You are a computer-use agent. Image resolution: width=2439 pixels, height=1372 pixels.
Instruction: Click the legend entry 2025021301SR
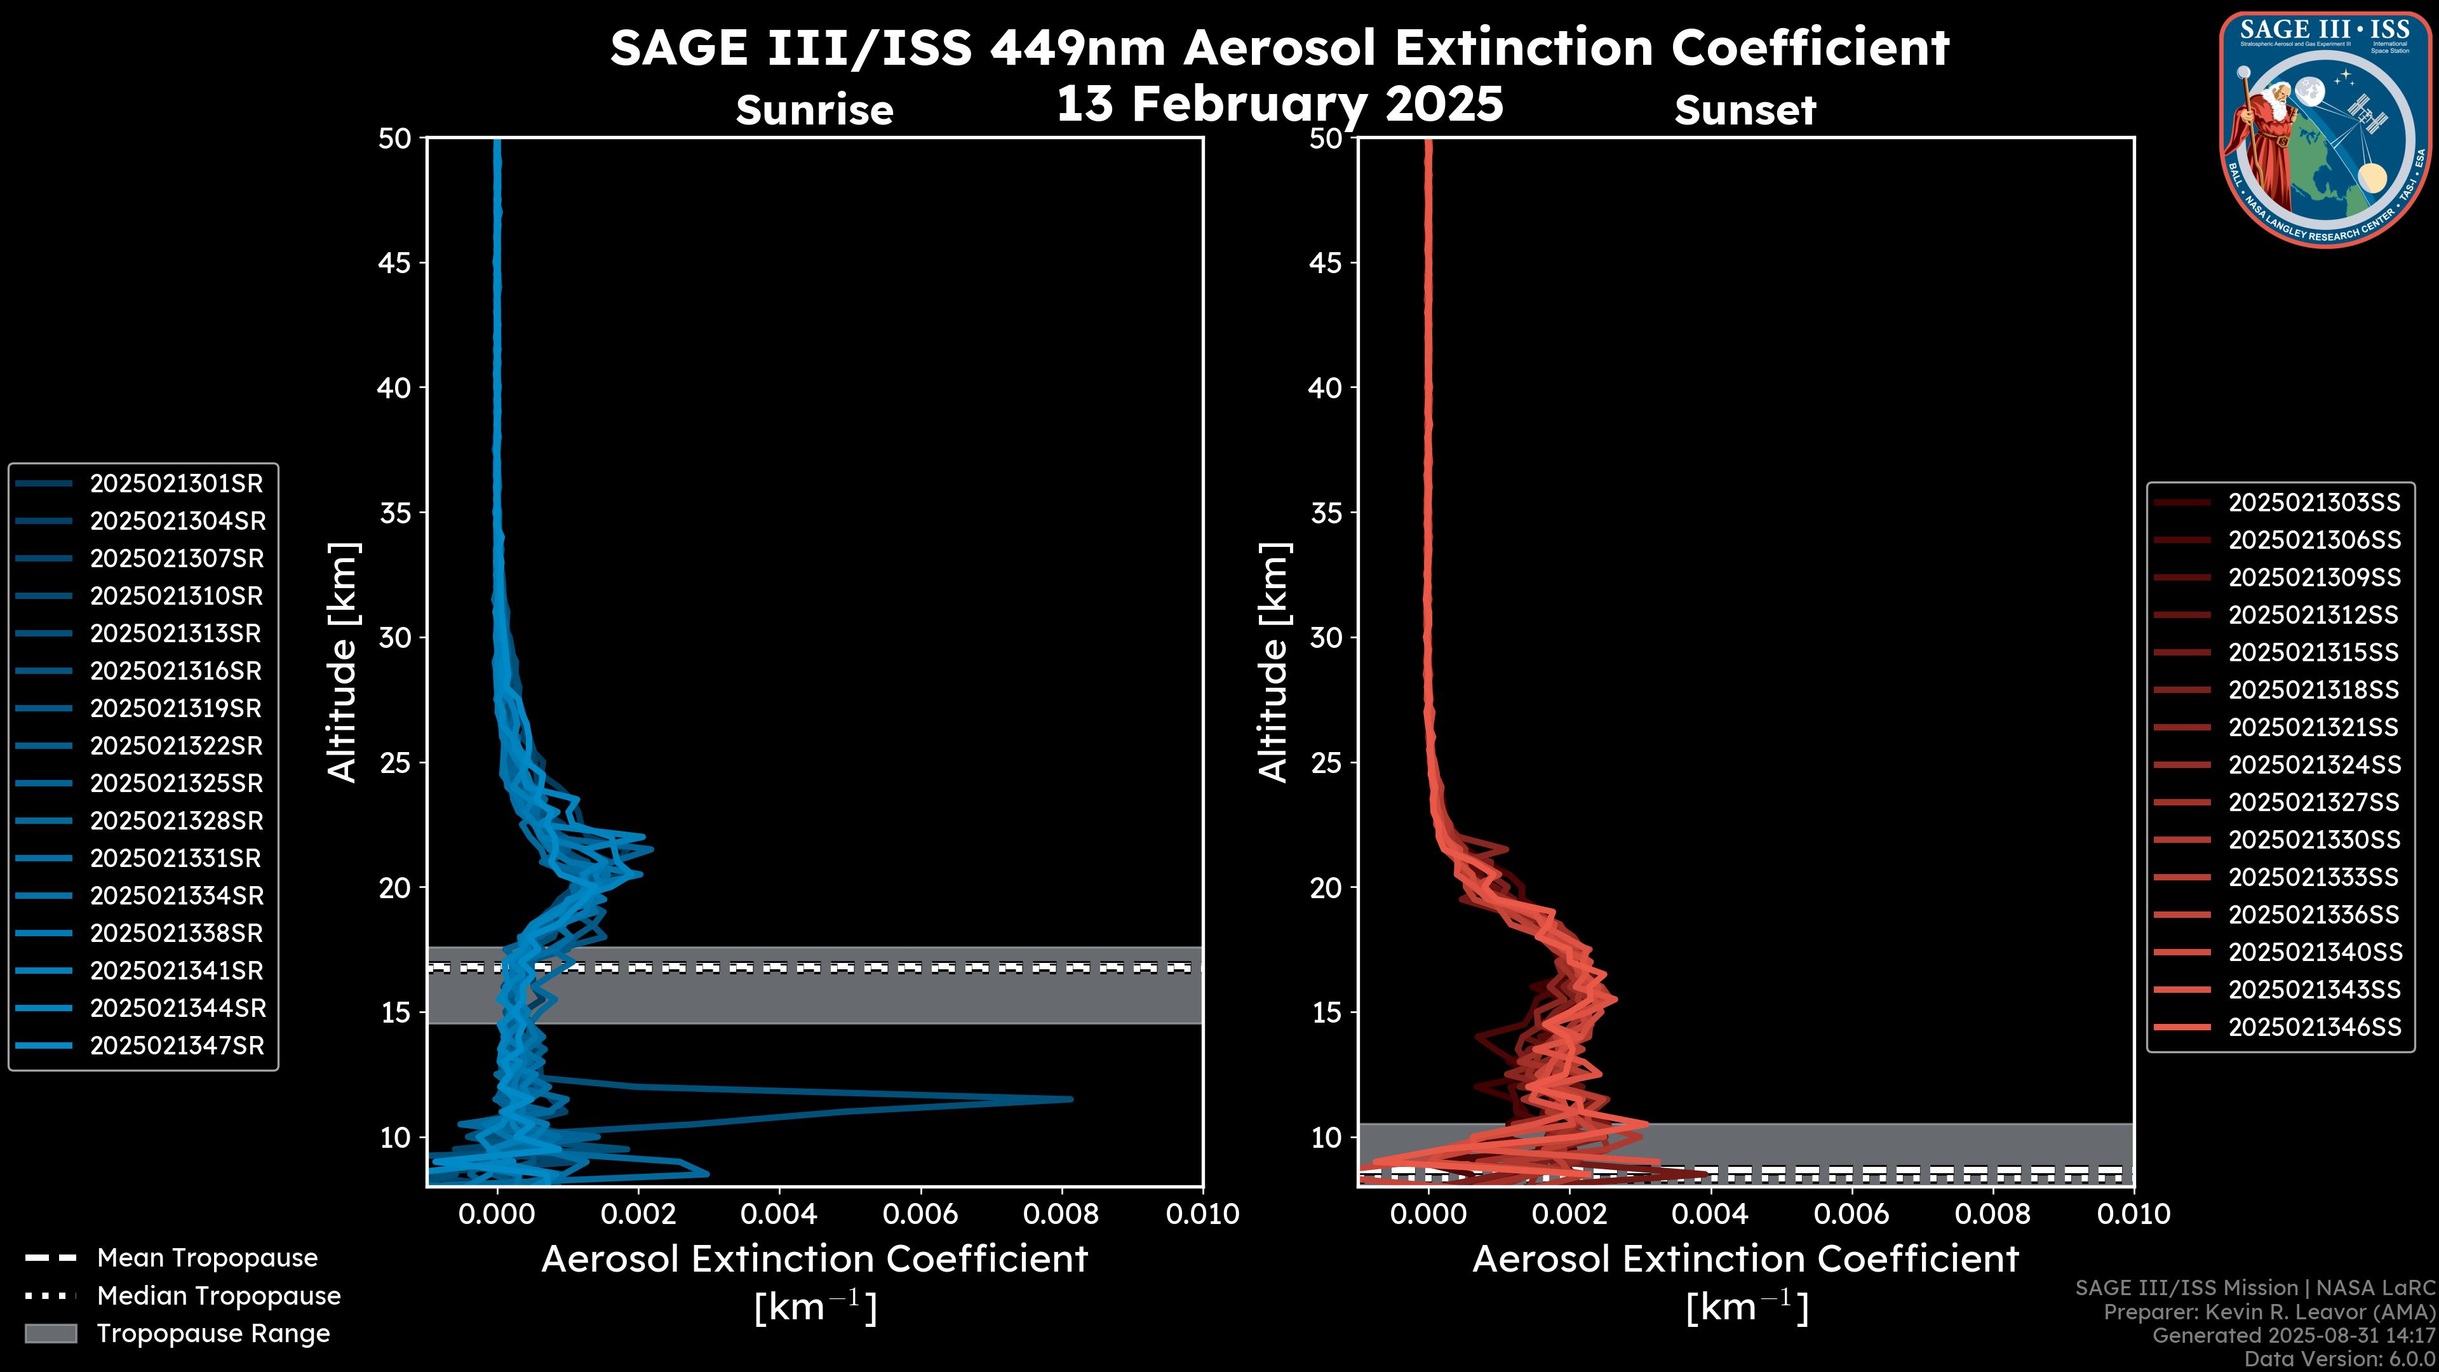176,484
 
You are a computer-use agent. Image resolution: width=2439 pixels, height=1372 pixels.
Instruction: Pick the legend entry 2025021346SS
2314,1027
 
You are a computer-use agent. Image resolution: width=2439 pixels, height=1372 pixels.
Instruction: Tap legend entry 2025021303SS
2314,503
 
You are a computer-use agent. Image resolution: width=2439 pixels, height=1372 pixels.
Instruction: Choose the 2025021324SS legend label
2314,765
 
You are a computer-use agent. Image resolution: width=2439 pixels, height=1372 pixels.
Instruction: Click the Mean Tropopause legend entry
206,1258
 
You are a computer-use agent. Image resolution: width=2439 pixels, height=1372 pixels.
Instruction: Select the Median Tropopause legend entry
218,1296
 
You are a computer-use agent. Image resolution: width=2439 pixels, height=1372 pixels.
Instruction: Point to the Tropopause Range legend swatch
51,1334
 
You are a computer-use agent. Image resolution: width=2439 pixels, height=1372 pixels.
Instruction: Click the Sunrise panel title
814,110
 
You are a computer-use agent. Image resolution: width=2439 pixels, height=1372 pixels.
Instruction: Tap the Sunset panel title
1745,110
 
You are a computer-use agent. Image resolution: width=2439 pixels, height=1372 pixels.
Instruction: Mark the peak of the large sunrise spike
1071,1100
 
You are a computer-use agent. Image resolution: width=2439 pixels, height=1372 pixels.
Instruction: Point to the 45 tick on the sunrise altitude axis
395,262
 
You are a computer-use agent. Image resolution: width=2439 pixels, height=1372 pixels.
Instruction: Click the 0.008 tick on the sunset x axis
1993,1214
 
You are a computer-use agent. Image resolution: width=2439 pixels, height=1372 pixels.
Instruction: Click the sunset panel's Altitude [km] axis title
1273,662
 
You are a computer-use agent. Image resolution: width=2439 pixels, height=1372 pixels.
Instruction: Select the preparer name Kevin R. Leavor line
2269,1312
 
